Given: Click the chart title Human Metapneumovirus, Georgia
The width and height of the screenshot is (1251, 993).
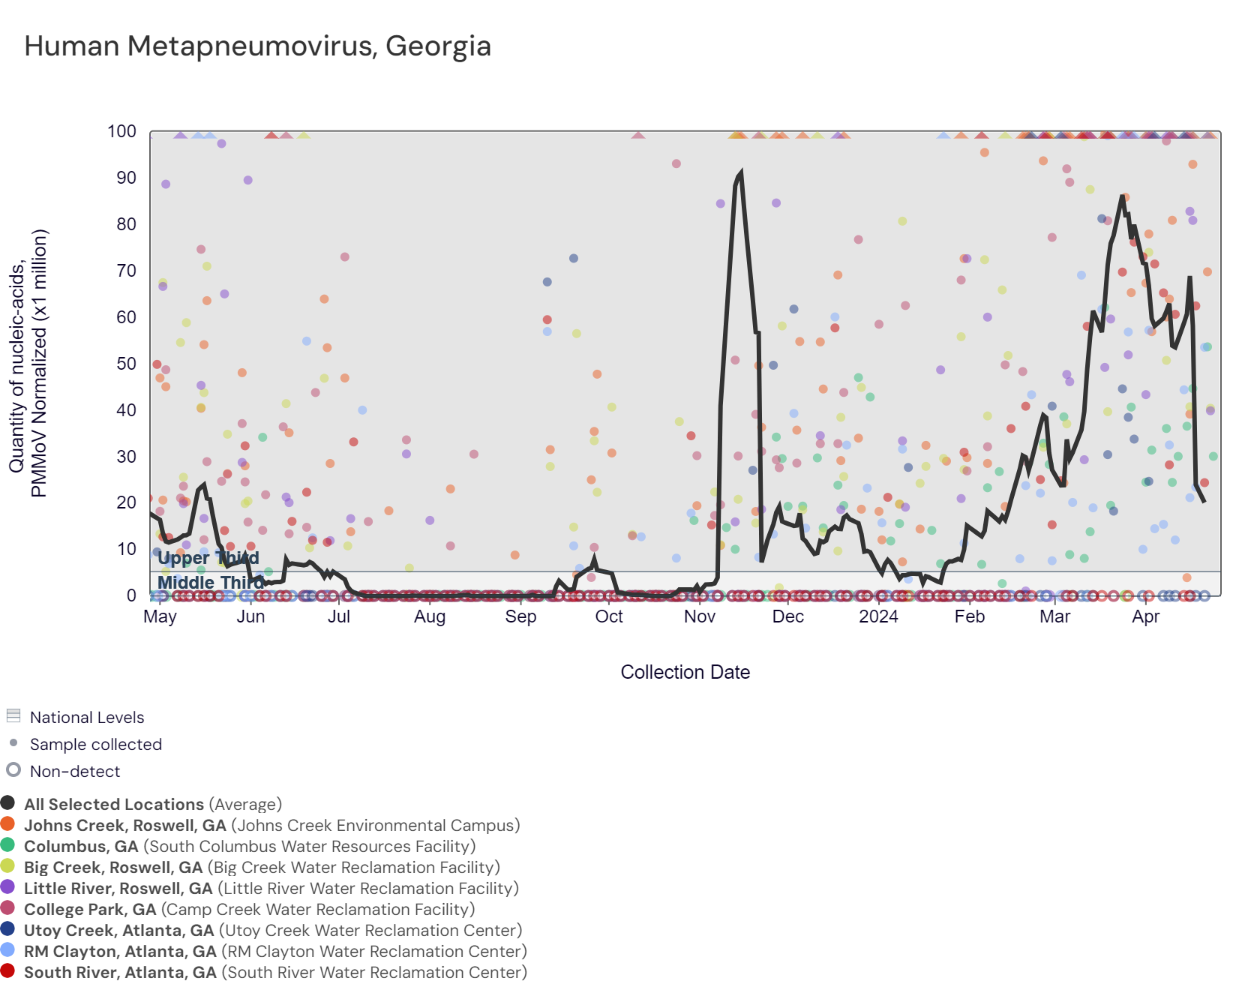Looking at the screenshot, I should [257, 46].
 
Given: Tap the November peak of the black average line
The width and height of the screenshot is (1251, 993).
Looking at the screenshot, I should [741, 173].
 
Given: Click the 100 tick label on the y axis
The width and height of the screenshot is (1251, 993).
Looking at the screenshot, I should [122, 132].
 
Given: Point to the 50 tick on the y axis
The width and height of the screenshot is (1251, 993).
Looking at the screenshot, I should [127, 364].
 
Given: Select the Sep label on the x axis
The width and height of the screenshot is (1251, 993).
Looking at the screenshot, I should [520, 616].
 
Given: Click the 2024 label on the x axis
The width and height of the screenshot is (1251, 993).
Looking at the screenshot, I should [878, 616].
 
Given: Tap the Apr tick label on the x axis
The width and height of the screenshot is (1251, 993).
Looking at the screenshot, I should [1145, 616].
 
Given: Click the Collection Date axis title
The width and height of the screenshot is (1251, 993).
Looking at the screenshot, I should [685, 672].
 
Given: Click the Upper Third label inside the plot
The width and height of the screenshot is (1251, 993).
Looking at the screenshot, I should [208, 558].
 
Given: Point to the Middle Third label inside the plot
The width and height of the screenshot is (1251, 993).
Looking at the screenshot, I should [210, 583].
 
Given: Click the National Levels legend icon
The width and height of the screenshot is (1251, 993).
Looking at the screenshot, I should [13, 715].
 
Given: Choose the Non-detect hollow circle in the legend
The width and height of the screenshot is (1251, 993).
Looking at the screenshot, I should [13, 769].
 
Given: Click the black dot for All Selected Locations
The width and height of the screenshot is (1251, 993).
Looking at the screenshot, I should [8, 803].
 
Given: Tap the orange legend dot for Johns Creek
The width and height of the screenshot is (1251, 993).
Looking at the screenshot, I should [8, 824].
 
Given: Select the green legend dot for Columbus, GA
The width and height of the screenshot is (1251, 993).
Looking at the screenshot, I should [8, 845].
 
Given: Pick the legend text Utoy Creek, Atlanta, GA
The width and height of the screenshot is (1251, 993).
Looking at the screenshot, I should [119, 931].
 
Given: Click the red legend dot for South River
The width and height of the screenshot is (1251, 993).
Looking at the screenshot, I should [8, 971].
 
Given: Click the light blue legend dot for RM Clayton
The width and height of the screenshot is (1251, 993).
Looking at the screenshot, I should [8, 950].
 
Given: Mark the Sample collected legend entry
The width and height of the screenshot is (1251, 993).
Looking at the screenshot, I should [95, 745].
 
